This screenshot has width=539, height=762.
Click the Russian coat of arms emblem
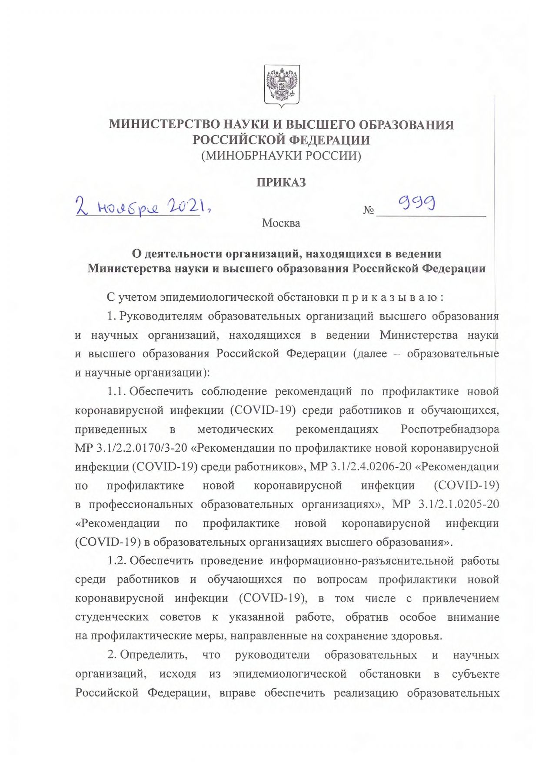click(x=282, y=86)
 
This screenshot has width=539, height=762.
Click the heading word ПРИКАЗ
click(x=281, y=183)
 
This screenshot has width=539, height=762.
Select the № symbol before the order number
click(x=368, y=211)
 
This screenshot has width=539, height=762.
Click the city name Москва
click(x=281, y=223)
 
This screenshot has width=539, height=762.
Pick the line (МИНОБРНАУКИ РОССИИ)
click(x=281, y=156)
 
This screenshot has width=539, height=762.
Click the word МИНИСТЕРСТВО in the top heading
click(x=163, y=125)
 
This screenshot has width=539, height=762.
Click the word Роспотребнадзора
click(x=449, y=429)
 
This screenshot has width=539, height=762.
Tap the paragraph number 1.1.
click(x=116, y=392)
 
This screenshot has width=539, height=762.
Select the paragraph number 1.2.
click(x=116, y=561)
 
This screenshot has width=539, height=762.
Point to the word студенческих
click(x=112, y=617)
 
